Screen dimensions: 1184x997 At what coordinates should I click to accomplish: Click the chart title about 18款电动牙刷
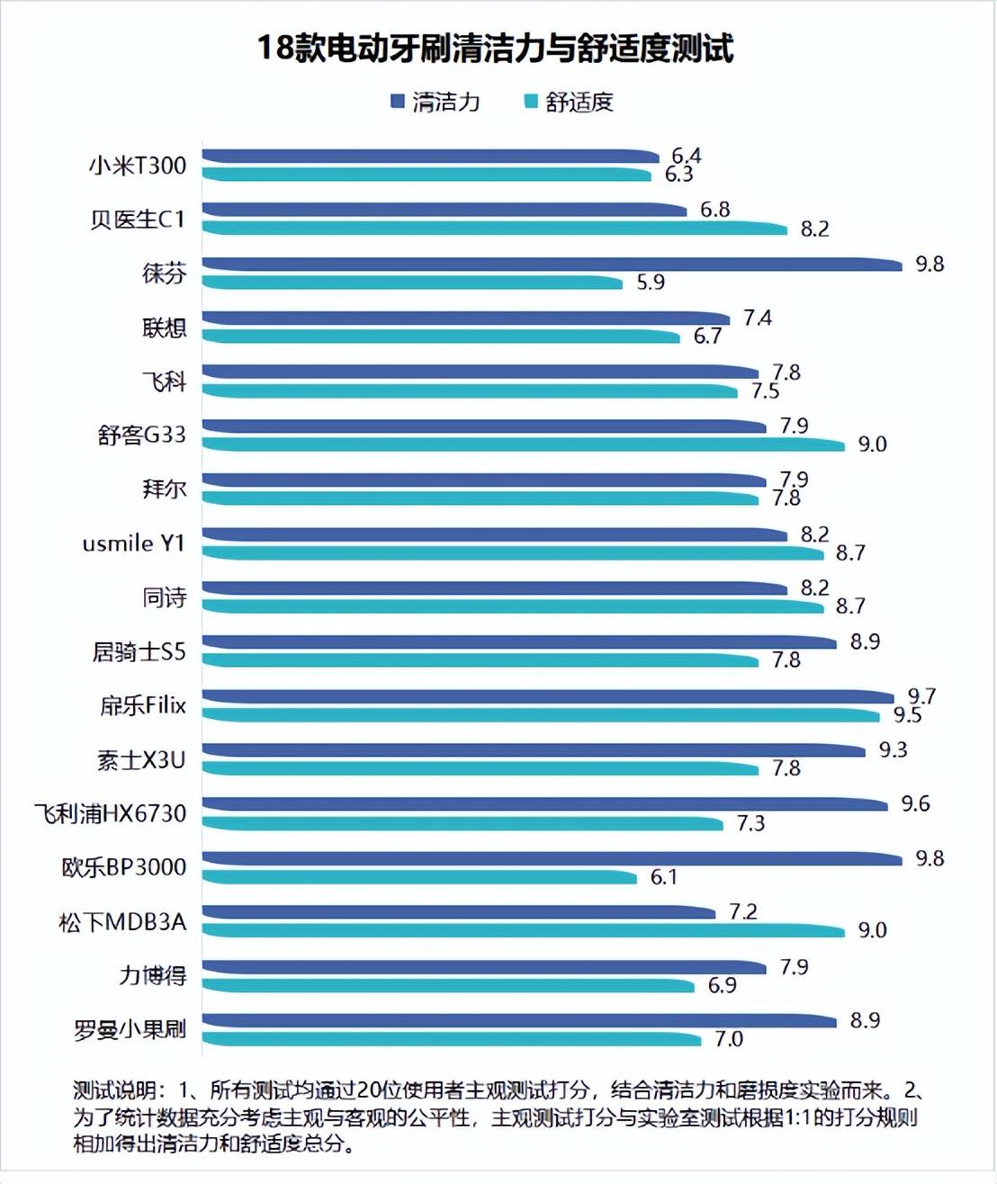495,48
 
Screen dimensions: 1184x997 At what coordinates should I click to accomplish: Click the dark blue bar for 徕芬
551,265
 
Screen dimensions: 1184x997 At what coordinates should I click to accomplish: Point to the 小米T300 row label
138,166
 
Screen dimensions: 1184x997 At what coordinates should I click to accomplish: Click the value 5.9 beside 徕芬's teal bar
651,283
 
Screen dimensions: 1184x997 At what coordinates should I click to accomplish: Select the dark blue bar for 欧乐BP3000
551,859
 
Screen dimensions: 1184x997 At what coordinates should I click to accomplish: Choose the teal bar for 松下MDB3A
522,931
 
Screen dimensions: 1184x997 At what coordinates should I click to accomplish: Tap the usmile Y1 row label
133,543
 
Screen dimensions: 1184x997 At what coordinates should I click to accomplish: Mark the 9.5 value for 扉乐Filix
907,715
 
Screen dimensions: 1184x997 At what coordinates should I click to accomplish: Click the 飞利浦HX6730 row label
111,814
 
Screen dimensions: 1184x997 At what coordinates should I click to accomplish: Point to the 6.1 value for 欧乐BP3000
664,877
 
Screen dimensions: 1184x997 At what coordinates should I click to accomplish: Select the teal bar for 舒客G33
522,444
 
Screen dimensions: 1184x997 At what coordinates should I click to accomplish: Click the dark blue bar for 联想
465,318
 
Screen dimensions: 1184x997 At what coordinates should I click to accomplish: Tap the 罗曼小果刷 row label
130,1029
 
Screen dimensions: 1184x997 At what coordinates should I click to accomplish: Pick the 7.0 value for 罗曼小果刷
729,1039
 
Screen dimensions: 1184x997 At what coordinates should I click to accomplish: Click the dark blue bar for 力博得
483,967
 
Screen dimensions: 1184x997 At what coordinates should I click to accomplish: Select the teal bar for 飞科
469,391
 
